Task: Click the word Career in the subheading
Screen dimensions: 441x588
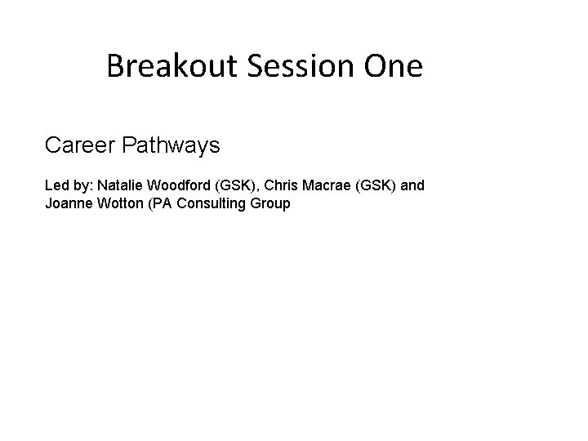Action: coord(78,146)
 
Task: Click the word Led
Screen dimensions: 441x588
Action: coord(56,185)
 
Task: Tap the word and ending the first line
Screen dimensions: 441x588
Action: coord(412,185)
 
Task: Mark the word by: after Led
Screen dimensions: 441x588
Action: coord(82,186)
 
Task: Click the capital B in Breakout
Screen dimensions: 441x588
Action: coord(114,66)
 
